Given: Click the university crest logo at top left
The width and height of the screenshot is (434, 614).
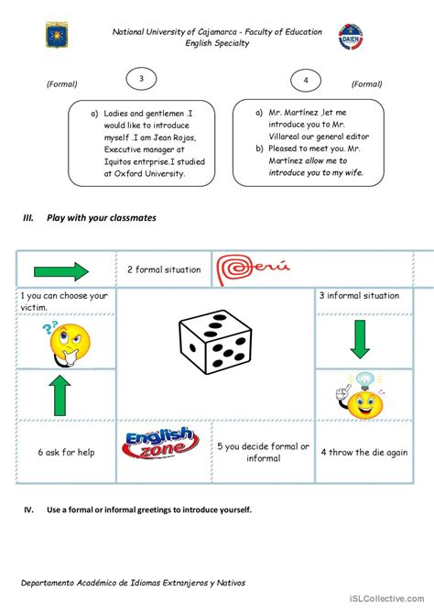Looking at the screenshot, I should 53,36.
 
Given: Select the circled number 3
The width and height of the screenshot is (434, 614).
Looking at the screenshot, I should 141,80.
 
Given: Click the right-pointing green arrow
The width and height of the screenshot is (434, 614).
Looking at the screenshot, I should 61,270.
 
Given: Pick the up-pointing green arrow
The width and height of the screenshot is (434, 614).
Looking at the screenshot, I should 60,395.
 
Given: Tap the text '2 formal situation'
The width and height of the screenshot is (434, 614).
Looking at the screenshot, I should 163,269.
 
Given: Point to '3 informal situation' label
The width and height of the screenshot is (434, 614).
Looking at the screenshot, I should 359,295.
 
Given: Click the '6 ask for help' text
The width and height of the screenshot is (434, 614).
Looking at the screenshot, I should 67,452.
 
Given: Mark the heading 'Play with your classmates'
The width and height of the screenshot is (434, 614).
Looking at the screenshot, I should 102,218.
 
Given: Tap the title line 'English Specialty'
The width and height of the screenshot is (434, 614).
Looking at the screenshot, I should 216,43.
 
